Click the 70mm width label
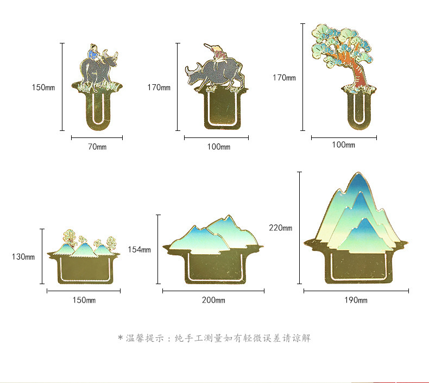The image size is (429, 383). click(97, 147)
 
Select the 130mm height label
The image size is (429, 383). click(23, 257)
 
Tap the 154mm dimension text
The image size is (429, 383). click(139, 249)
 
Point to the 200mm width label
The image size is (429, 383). click(213, 300)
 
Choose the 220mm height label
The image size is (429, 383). click(280, 228)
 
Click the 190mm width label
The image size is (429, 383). click(356, 300)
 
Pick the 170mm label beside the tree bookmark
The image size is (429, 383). click(283, 78)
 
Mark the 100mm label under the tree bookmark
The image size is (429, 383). click(343, 145)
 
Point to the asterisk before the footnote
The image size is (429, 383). click(120, 338)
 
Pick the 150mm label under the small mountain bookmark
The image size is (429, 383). click(84, 300)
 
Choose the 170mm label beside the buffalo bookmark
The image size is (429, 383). click(159, 87)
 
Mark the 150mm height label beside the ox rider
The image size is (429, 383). click(43, 87)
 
